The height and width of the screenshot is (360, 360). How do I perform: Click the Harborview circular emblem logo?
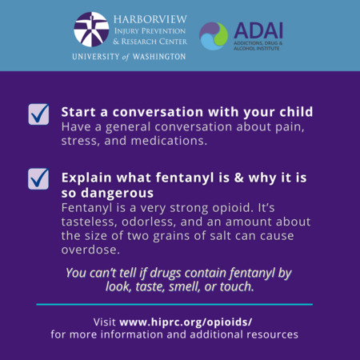click(91, 30)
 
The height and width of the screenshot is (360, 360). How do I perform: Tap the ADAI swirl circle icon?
click(214, 36)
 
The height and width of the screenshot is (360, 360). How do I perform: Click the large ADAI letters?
click(258, 30)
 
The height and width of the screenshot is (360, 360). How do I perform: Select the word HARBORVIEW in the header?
click(150, 19)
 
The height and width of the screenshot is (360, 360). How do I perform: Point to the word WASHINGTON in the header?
click(159, 57)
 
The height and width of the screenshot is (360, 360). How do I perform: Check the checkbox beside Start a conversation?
click(38, 114)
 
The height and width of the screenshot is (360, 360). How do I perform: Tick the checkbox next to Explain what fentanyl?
click(38, 179)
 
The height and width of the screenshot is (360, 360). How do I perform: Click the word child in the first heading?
click(296, 112)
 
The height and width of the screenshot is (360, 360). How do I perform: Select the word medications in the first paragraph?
click(169, 141)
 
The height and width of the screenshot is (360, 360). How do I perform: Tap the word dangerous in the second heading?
click(117, 193)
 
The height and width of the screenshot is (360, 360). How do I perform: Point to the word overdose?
click(90, 250)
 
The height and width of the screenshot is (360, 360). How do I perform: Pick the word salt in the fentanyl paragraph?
click(221, 236)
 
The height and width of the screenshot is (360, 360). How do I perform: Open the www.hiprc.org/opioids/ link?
click(186, 322)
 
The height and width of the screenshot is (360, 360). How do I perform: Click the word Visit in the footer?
click(105, 322)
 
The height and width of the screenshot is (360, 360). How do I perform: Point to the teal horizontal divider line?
click(174, 304)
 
